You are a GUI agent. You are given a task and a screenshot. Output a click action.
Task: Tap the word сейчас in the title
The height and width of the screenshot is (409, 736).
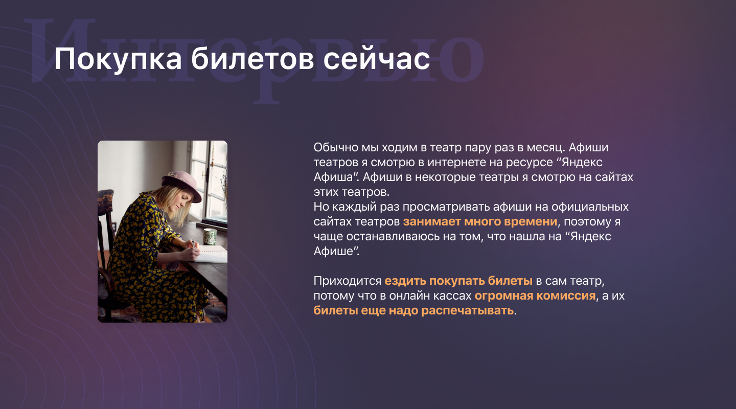[377, 59]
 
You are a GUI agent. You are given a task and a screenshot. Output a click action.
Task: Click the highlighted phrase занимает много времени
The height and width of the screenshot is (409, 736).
[480, 221]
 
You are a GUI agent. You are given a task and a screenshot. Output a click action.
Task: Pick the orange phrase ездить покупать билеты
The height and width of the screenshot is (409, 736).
[458, 281]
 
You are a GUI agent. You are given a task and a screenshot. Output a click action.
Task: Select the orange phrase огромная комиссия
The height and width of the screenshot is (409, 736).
[535, 296]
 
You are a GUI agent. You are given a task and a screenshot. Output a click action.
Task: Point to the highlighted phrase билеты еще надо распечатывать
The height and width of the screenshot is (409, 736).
[413, 310]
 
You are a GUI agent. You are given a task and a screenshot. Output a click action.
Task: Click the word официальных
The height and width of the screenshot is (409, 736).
[590, 207]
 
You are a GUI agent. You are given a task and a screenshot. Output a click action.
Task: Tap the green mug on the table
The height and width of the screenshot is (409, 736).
[210, 237]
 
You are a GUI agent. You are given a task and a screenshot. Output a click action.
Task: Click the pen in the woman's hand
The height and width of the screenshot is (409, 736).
[194, 244]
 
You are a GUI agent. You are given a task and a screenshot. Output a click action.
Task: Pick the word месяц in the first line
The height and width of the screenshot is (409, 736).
[546, 148]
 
